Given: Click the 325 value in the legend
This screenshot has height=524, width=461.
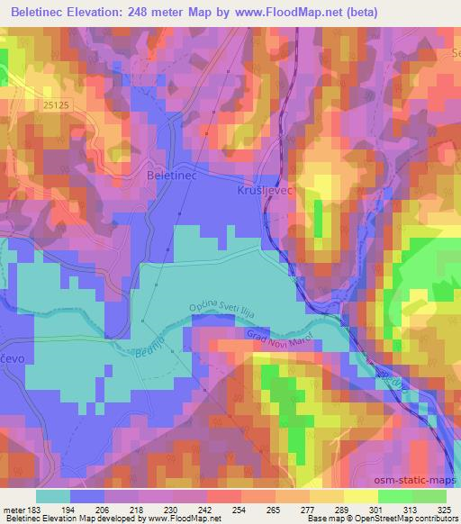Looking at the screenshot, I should click(445, 509).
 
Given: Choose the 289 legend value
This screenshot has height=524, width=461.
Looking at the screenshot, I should click(330, 509).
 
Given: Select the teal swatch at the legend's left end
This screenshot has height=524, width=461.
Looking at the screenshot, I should click(52, 496).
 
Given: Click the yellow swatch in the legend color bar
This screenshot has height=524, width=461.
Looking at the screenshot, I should click(361, 496).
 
